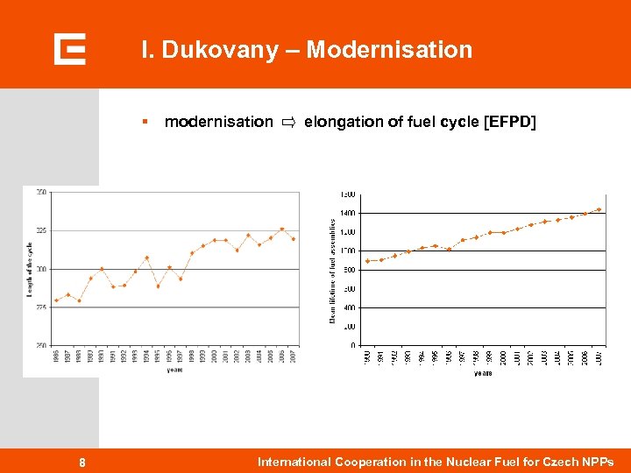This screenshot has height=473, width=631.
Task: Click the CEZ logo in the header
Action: (69, 49)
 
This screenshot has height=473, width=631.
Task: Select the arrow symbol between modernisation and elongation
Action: (288, 122)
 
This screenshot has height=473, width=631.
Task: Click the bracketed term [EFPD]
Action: (509, 122)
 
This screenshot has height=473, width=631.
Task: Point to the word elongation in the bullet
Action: (342, 122)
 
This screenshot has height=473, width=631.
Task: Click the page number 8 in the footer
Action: (82, 462)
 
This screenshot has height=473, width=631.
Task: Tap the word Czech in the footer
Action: (564, 462)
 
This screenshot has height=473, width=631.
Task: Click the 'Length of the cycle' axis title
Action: (30, 269)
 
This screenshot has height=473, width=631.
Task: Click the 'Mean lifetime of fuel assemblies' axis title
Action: (332, 270)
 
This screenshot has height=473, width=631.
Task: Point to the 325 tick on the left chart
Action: (42, 230)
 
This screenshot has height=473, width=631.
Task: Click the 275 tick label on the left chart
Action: (42, 307)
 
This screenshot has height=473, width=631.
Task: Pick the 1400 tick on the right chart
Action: (348, 213)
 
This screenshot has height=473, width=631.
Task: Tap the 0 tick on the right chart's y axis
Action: (352, 345)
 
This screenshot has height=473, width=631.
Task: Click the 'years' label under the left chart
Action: (175, 370)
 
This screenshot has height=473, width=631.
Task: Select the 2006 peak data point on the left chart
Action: (281, 229)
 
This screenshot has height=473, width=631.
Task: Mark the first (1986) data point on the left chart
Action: (57, 300)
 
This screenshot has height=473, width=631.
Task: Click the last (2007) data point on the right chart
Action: (599, 209)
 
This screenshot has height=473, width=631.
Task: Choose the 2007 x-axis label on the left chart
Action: (293, 356)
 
